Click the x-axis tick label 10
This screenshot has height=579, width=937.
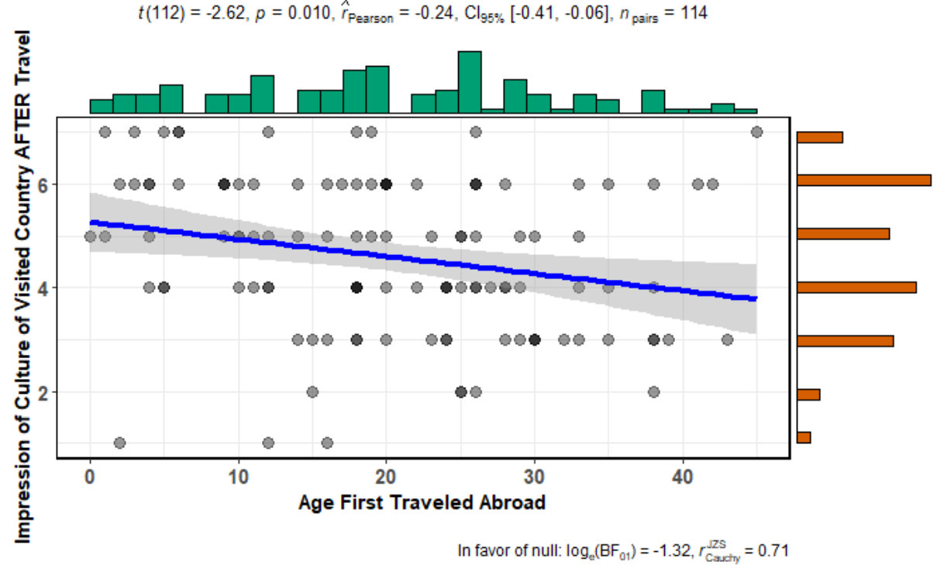(238, 474)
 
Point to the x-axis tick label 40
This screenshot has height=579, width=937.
(682, 474)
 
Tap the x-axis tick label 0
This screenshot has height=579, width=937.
(90, 474)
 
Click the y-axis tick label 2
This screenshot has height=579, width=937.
(44, 392)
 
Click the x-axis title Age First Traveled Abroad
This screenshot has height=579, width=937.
(422, 503)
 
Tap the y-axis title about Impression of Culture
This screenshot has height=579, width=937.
(25, 287)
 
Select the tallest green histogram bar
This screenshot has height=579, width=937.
(470, 82)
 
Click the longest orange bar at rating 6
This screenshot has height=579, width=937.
(863, 180)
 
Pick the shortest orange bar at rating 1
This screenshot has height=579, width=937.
(803, 437)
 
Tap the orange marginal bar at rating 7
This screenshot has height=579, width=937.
(819, 137)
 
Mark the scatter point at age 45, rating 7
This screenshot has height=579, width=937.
(757, 132)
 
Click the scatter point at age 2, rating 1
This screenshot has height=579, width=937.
(119, 443)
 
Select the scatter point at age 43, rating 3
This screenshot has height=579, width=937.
(727, 339)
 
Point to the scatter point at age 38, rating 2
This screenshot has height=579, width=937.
(653, 391)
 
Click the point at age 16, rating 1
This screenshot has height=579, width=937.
(327, 443)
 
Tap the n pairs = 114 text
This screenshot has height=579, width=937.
(658, 14)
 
